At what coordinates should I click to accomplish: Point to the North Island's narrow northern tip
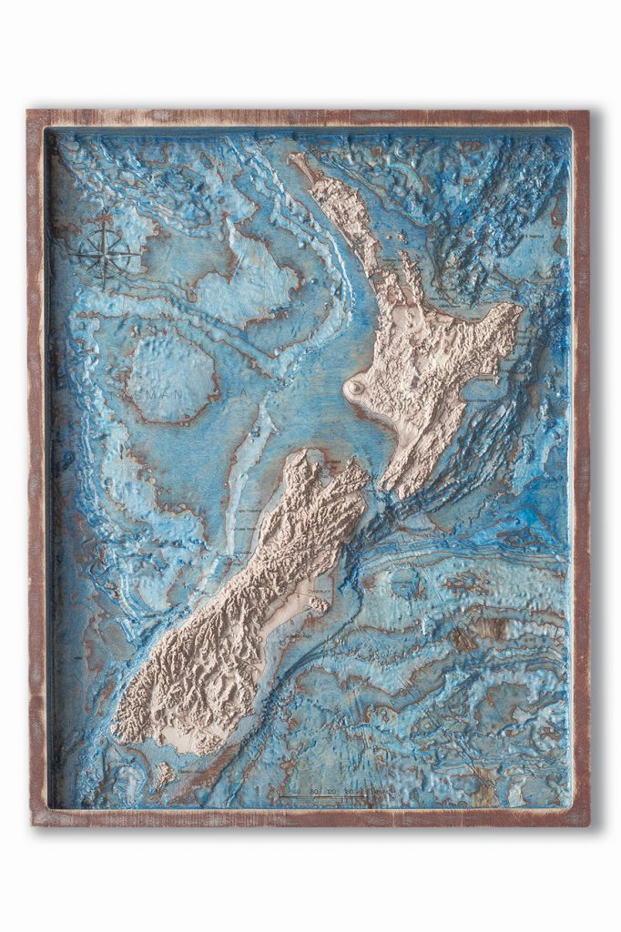click(x=299, y=161)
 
